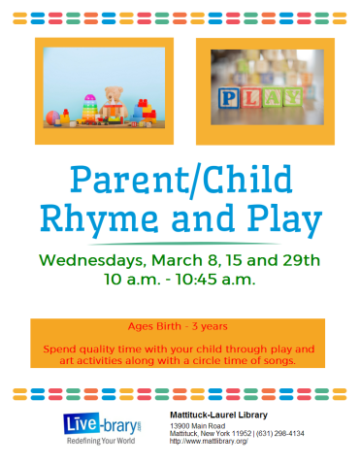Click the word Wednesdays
point(95,260)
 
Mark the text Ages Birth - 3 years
point(179,326)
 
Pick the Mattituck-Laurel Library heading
point(218,416)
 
